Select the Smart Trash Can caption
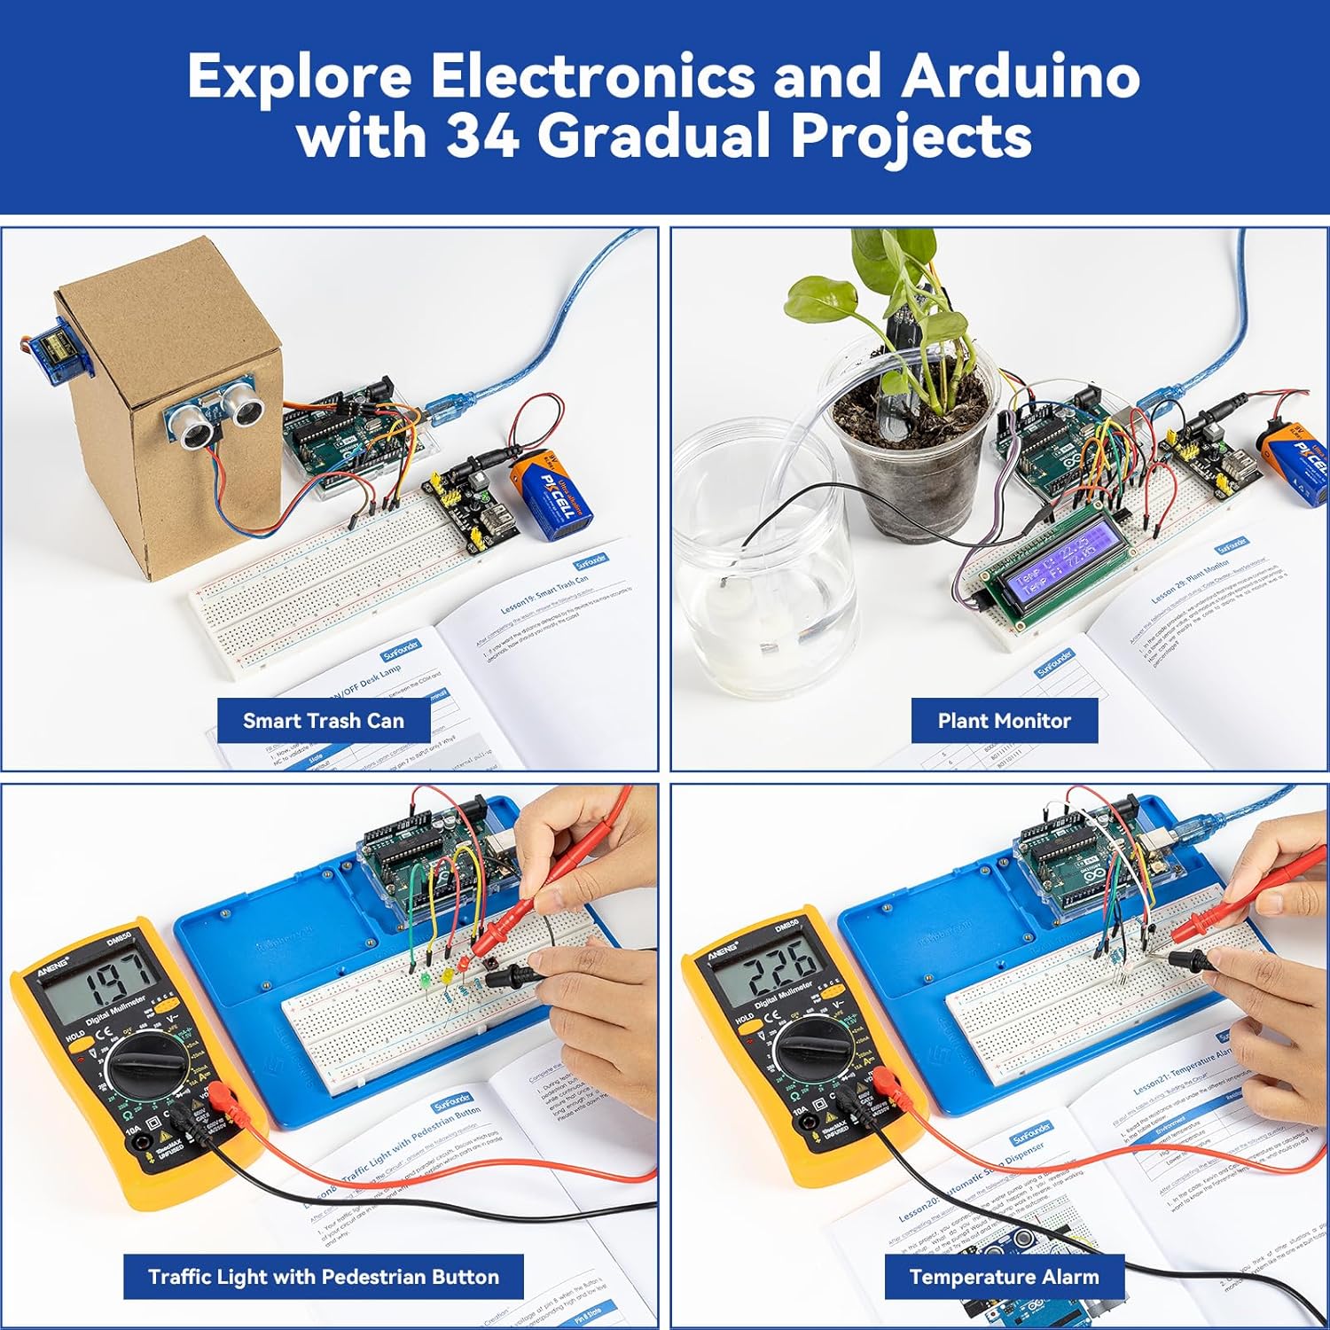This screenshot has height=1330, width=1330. pyautogui.click(x=324, y=721)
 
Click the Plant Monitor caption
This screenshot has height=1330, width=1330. pyautogui.click(x=1004, y=721)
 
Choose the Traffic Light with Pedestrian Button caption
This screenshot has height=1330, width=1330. pyautogui.click(x=324, y=1277)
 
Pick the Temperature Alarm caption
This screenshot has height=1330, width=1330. pyautogui.click(x=1004, y=1277)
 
